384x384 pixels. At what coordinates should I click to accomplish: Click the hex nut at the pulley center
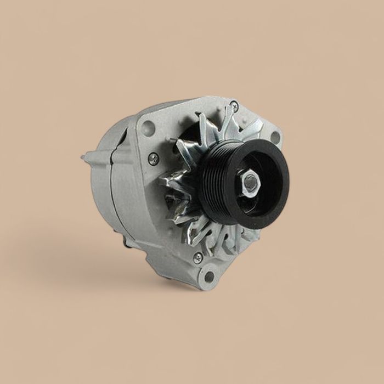[x=250, y=183]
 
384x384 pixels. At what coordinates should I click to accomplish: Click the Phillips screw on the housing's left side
[x=154, y=159]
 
